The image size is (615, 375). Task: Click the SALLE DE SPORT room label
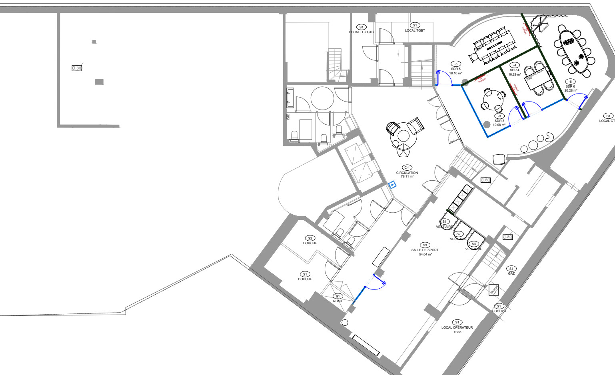click(x=425, y=250)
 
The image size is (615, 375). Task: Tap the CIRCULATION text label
click(x=407, y=173)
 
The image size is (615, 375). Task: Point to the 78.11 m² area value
click(x=407, y=176)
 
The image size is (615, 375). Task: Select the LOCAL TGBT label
click(x=415, y=30)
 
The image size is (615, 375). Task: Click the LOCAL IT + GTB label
click(x=361, y=32)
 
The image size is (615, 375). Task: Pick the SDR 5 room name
click(x=455, y=69)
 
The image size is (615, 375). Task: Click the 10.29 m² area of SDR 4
click(x=514, y=74)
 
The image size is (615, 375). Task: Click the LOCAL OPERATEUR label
click(x=457, y=327)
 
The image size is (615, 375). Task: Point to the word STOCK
click(x=457, y=332)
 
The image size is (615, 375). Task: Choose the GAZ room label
click(x=511, y=273)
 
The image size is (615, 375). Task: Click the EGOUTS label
click(x=499, y=311)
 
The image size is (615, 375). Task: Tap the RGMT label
click(x=337, y=301)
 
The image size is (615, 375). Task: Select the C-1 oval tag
click(x=407, y=168)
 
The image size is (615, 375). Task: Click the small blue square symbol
click(x=392, y=184)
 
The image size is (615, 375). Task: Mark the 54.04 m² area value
click(x=425, y=254)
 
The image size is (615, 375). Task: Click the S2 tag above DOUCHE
click(x=309, y=238)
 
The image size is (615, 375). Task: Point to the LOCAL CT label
click(x=607, y=121)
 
